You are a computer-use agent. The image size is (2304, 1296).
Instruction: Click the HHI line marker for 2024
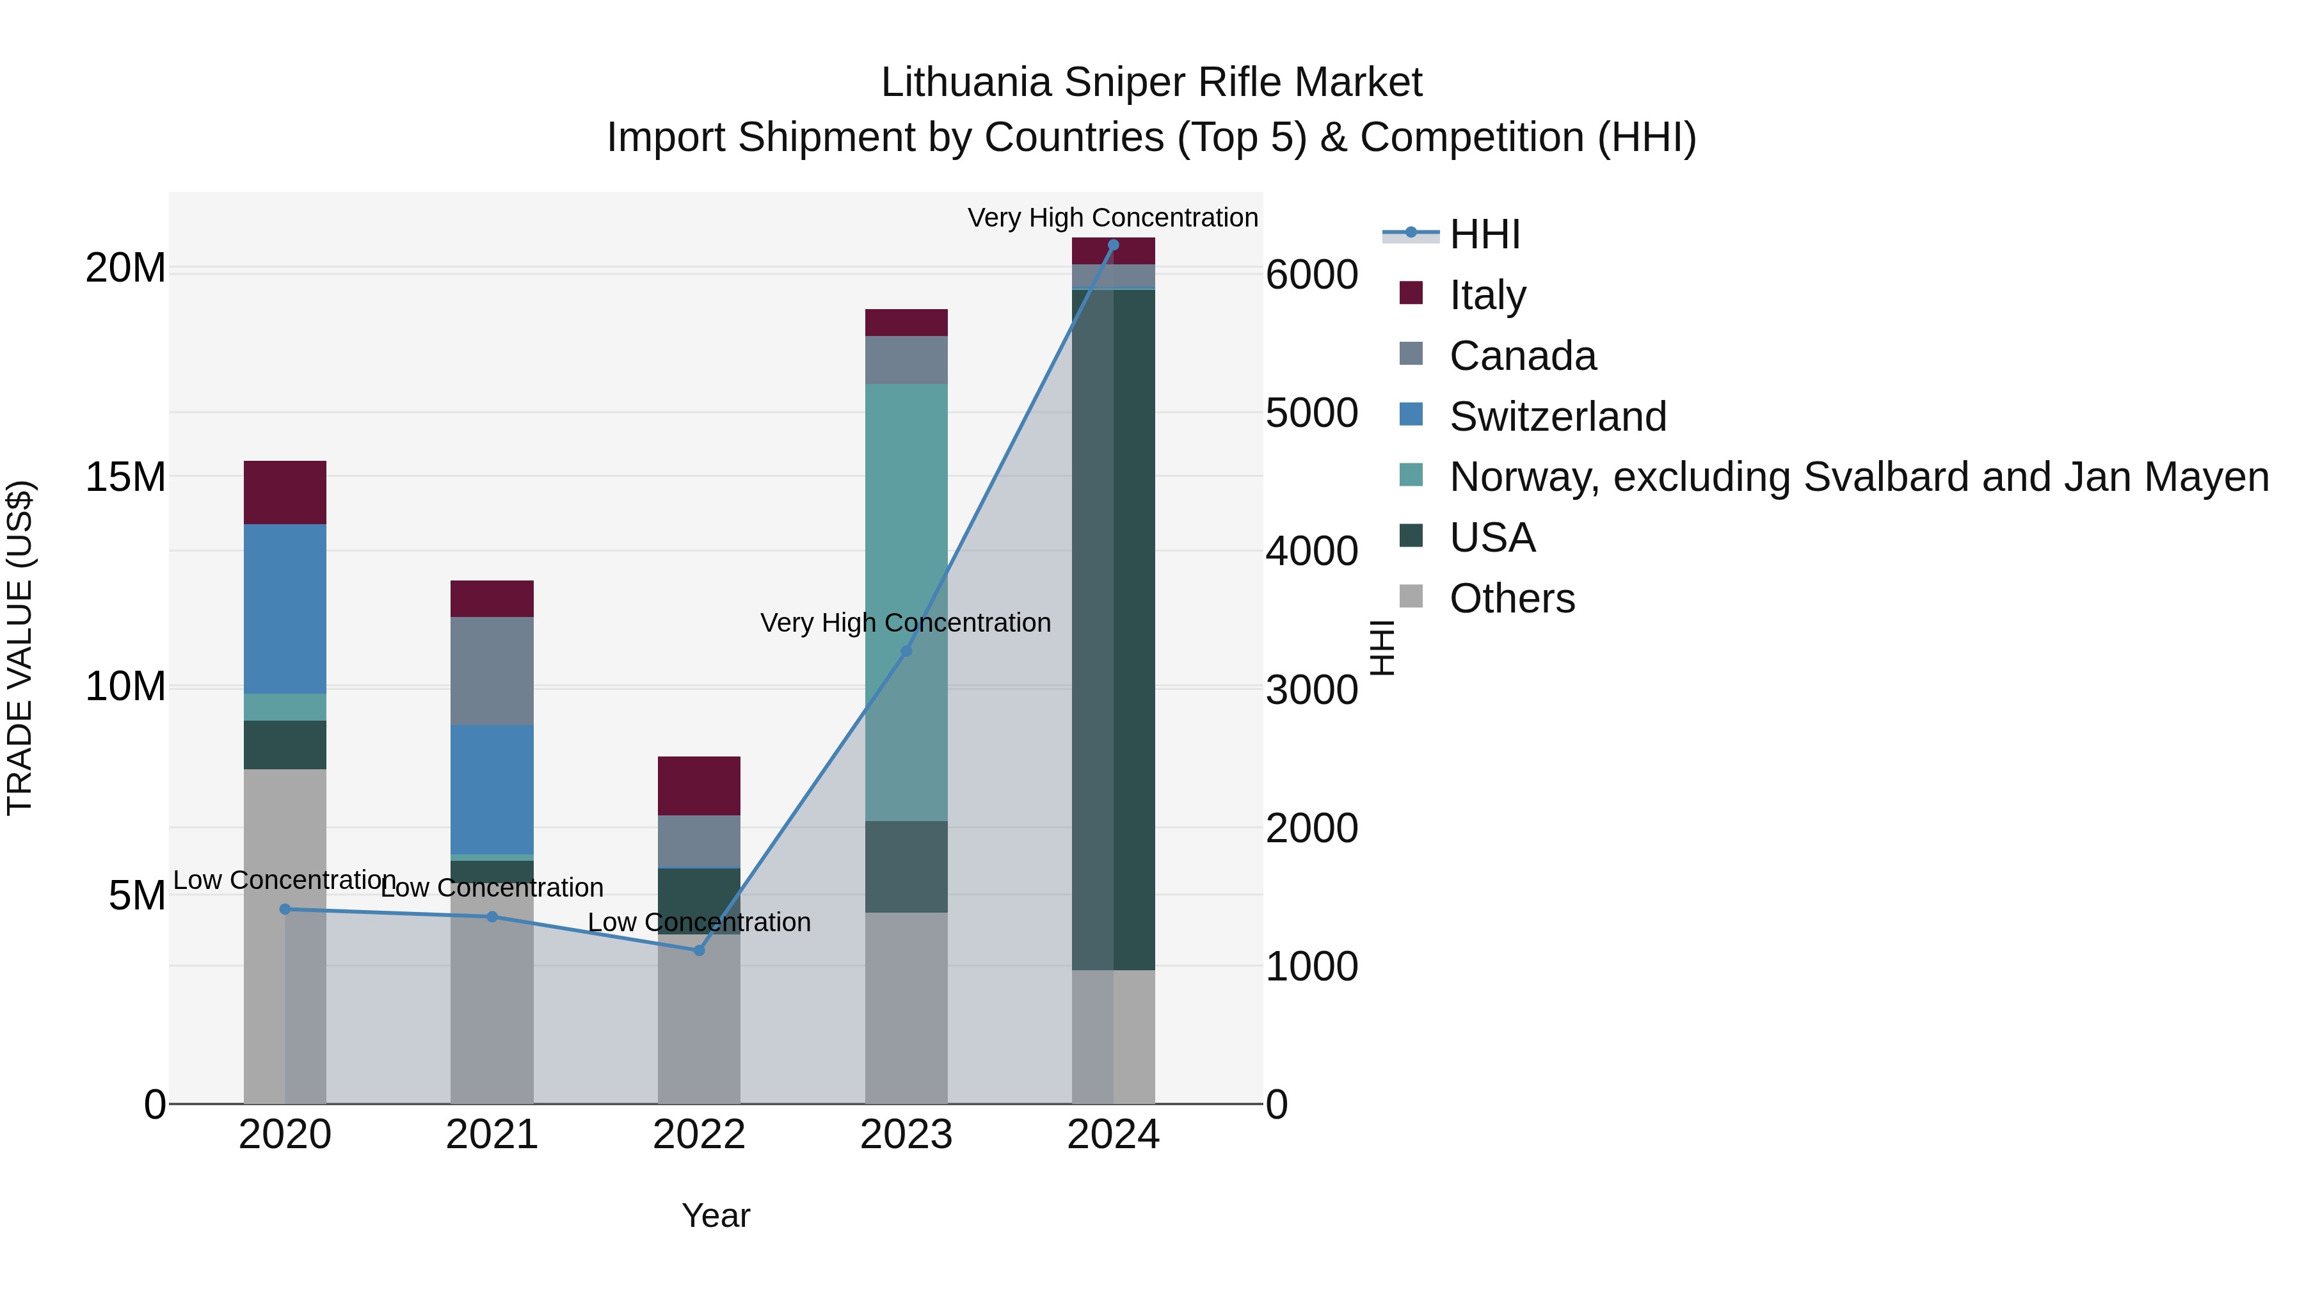(1113, 244)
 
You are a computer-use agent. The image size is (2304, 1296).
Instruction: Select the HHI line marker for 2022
(700, 950)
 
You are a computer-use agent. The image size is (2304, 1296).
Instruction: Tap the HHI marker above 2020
(285, 909)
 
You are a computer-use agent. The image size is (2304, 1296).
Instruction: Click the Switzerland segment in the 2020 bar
(285, 608)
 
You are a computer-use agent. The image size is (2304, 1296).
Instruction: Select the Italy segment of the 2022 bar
(700, 785)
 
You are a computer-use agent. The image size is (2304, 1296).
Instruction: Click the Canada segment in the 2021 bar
(492, 670)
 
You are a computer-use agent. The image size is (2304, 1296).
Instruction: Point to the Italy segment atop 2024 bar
(1113, 252)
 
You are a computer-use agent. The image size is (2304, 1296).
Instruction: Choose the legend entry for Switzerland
(1557, 416)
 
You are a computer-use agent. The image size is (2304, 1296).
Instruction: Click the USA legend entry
(1492, 538)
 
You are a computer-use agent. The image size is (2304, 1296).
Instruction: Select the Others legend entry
(1512, 598)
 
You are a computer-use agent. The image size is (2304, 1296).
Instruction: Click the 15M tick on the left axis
(125, 477)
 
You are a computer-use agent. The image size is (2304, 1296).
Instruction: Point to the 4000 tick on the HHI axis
(1311, 551)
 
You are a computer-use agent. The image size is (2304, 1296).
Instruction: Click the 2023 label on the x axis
(906, 1134)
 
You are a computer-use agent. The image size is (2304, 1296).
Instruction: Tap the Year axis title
(716, 1215)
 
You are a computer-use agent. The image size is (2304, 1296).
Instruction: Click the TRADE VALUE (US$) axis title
(20, 648)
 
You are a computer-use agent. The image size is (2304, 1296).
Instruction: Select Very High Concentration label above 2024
(1113, 218)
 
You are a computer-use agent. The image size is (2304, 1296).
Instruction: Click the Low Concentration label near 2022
(700, 922)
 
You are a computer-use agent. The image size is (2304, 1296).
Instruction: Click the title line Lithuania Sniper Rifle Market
(1151, 83)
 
